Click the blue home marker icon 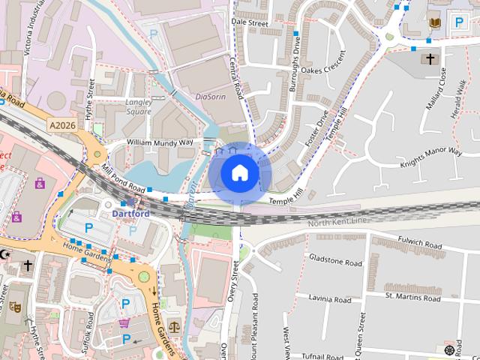(239, 173)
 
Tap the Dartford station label (131, 213)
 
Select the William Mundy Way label (160, 142)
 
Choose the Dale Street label (250, 23)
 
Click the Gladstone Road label (335, 261)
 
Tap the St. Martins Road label (412, 297)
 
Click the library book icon (434, 23)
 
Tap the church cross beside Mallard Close (430, 58)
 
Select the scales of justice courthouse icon (175, 326)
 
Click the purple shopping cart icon (124, 323)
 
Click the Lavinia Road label (331, 299)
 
